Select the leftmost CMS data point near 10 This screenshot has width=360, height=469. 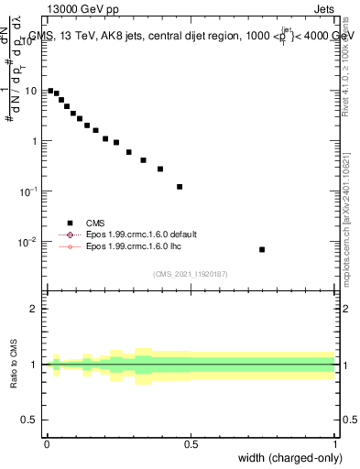click(50, 91)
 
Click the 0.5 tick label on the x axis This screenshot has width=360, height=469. click(191, 444)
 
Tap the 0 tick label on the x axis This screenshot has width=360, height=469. click(47, 444)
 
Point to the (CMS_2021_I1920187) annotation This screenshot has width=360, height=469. click(191, 273)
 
